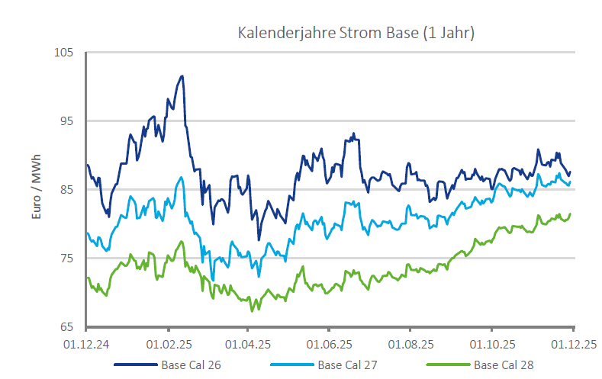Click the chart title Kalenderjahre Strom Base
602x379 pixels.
[x=356, y=34]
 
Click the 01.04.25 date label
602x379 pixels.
[x=248, y=344]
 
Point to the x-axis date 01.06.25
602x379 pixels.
[x=329, y=344]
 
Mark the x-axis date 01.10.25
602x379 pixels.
[x=491, y=344]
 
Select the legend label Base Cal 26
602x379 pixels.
[x=191, y=365]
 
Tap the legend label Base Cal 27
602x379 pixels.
[x=347, y=365]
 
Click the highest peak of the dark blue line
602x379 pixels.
[x=182, y=76]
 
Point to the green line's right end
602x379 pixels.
[x=570, y=214]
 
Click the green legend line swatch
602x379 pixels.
[x=447, y=365]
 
